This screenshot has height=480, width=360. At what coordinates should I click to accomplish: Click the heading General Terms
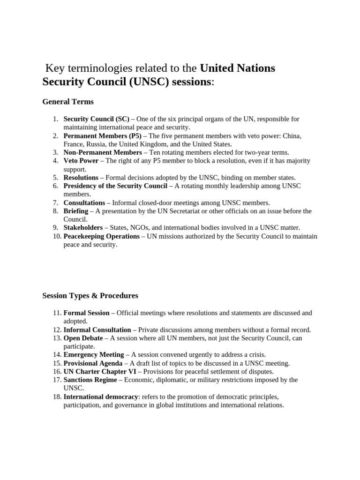pos(68,102)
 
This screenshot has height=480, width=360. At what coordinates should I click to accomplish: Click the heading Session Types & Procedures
pos(90,296)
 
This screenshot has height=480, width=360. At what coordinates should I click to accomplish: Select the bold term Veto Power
pos(81,161)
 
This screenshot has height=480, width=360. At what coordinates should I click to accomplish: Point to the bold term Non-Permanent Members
pos(103,152)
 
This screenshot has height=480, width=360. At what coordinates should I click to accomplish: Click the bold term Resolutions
pos(81,178)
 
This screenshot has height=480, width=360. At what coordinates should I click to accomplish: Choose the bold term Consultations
pos(84,203)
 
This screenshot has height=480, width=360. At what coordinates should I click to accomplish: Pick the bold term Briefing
pos(75,211)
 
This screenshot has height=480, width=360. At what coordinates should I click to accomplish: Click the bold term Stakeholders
pos(83,228)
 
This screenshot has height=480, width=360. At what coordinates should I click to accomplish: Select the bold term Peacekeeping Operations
pos(101,236)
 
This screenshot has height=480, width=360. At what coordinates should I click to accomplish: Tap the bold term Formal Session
pos(86,313)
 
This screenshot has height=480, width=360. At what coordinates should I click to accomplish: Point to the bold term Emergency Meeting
pos(94,355)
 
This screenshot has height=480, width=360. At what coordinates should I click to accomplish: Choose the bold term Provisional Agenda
pos(93,363)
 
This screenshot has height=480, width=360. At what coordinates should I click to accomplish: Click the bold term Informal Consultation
pos(97,330)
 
